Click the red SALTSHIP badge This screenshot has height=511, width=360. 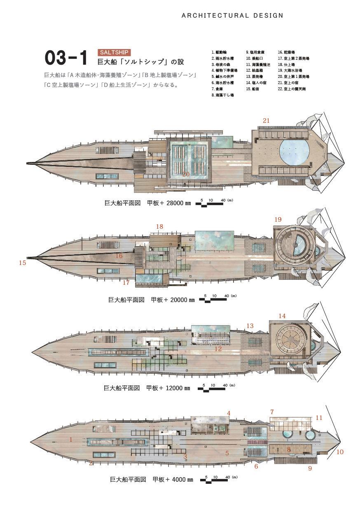[x=114, y=53]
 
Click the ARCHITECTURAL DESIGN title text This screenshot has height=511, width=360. [x=232, y=16]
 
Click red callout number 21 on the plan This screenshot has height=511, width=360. [x=266, y=120]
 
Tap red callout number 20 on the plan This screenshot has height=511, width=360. [x=186, y=174]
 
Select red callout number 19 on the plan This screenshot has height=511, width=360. [x=278, y=219]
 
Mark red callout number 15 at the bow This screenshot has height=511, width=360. [x=23, y=263]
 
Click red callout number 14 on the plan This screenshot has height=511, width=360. [x=282, y=316]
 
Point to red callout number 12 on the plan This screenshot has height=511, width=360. [x=218, y=349]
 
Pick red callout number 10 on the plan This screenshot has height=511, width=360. [x=340, y=452]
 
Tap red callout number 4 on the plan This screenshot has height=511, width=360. [x=229, y=413]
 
